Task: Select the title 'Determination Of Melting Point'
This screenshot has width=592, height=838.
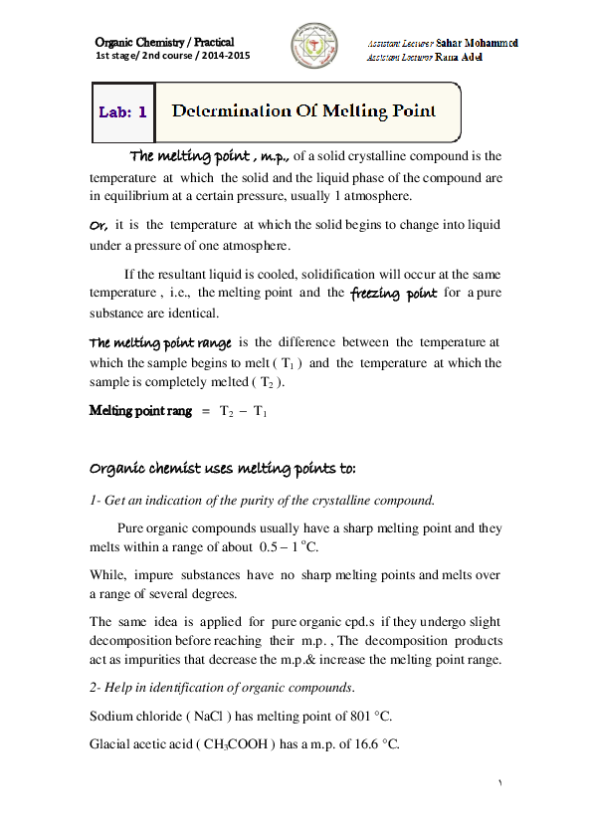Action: (304, 110)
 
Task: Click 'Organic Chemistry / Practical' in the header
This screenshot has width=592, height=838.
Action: (164, 42)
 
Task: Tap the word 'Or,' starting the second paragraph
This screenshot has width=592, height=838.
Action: (99, 225)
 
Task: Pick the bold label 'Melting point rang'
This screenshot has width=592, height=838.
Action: (140, 410)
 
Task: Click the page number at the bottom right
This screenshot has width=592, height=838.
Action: (500, 785)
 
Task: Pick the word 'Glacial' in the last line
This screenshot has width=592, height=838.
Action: (111, 743)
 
